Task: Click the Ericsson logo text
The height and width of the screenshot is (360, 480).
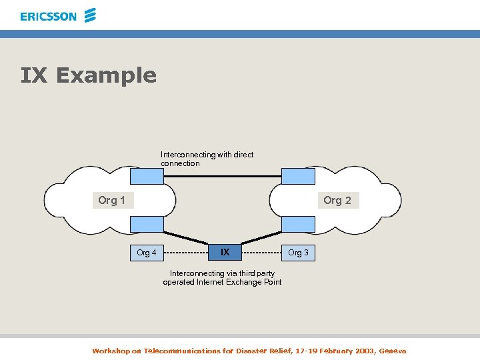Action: (48, 16)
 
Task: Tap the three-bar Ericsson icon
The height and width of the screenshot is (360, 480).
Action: (90, 15)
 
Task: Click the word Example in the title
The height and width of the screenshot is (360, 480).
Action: (106, 75)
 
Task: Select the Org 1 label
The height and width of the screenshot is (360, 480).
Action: (111, 200)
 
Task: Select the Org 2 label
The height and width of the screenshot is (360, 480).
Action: (337, 200)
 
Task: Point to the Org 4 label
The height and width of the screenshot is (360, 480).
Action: (147, 253)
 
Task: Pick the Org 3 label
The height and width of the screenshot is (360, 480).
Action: (298, 253)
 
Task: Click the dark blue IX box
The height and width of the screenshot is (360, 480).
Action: (225, 252)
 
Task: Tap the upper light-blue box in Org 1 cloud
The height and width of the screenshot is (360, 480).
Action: (147, 176)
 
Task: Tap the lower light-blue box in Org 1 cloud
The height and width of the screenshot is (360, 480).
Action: (147, 225)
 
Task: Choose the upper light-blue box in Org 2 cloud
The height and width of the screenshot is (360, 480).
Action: (298, 176)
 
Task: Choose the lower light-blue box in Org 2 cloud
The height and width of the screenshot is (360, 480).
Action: (298, 225)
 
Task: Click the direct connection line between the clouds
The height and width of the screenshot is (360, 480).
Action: (222, 176)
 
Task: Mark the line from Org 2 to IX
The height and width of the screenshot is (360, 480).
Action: (261, 238)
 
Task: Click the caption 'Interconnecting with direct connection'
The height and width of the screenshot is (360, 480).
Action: (207, 159)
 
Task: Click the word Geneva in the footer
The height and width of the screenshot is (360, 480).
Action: (392, 351)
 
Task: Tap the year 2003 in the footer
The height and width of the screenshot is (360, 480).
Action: (363, 351)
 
